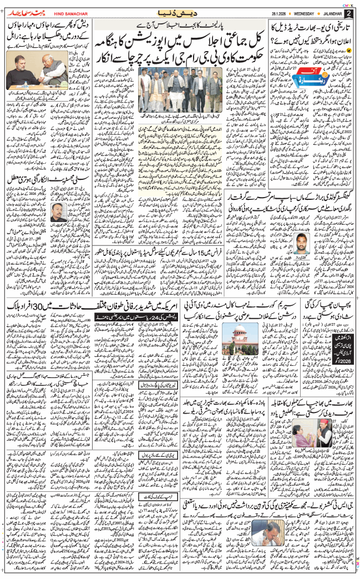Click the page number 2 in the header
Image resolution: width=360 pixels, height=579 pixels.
[348, 13]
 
